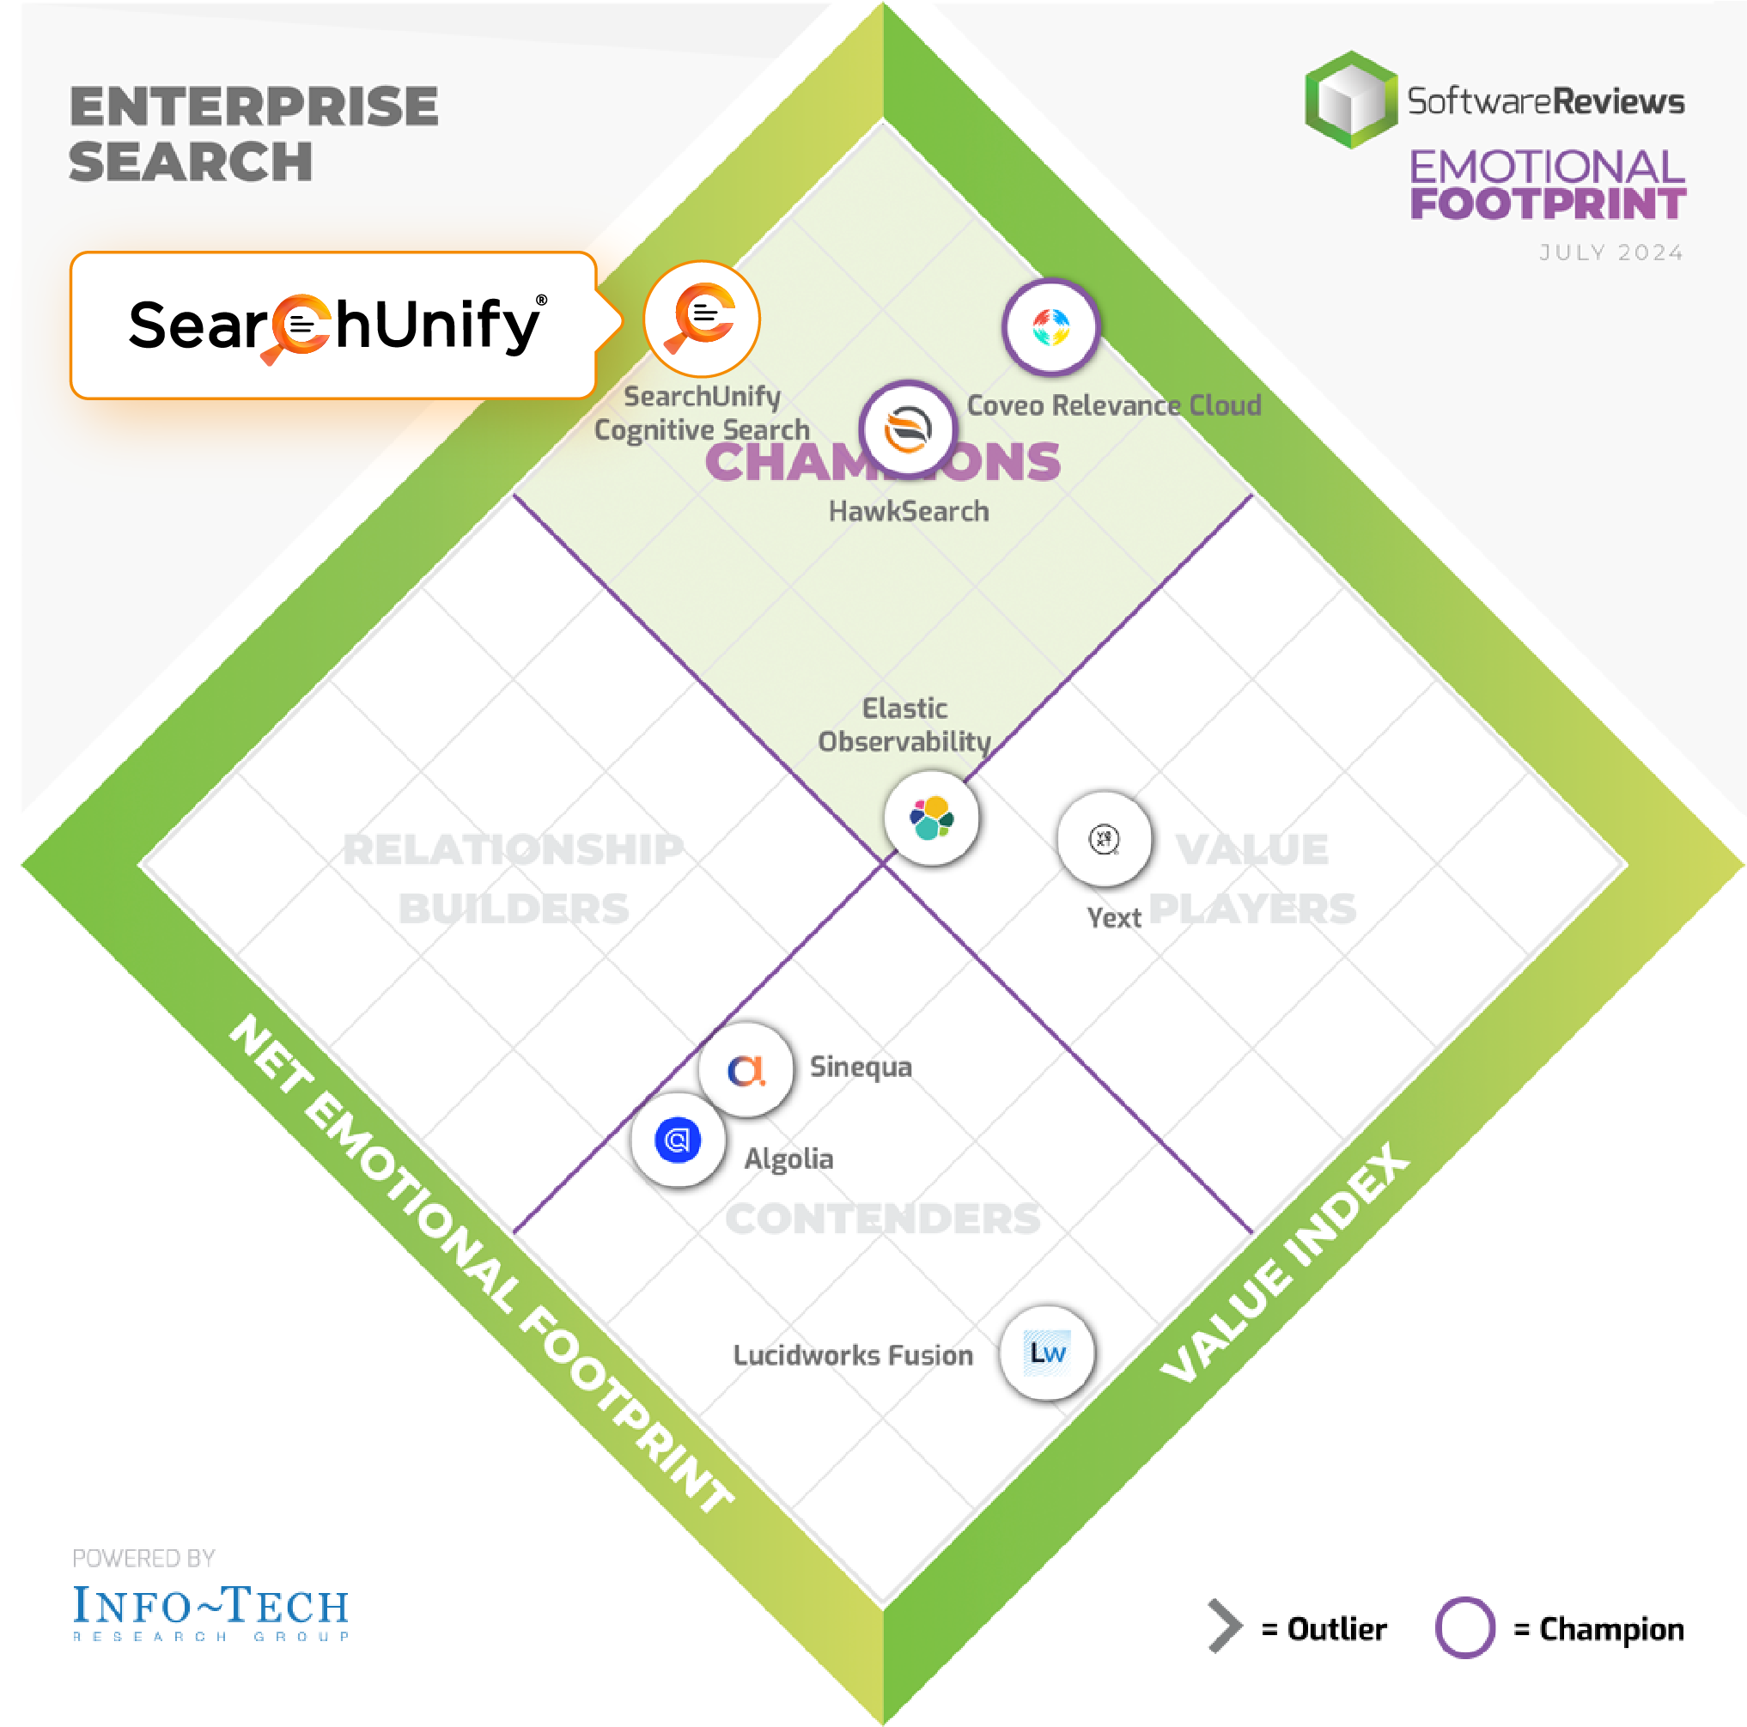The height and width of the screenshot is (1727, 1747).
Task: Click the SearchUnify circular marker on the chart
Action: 702,319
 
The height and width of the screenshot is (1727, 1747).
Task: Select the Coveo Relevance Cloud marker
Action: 1050,326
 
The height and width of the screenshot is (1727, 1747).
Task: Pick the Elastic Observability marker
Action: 931,818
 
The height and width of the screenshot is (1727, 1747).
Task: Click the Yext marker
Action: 1104,839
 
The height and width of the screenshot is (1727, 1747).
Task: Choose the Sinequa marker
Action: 746,1070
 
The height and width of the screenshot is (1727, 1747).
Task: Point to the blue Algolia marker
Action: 678,1140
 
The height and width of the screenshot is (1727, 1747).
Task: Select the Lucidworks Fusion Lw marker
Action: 1047,1353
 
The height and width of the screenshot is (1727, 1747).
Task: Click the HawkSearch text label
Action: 909,511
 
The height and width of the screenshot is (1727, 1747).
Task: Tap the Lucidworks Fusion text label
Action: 853,1354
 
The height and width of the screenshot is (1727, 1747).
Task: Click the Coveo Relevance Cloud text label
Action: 1113,405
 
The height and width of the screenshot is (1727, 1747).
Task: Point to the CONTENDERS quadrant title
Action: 883,1218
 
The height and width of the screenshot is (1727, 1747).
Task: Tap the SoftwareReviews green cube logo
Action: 1350,100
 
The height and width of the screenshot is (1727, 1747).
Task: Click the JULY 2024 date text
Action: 1611,252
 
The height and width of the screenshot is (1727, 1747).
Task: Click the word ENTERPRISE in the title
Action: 254,106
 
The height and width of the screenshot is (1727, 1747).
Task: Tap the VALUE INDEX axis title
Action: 1284,1262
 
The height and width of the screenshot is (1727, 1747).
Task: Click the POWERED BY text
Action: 143,1558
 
